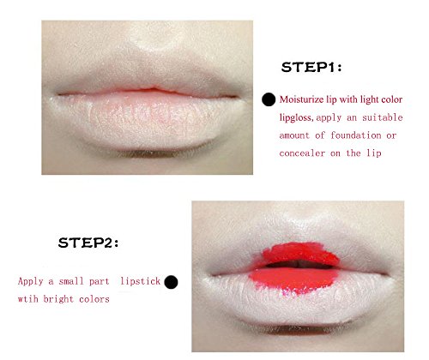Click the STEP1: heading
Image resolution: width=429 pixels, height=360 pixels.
pyautogui.click(x=311, y=68)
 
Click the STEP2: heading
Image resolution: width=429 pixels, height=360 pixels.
pyautogui.click(x=88, y=243)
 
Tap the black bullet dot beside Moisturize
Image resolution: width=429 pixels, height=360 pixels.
pyautogui.click(x=269, y=99)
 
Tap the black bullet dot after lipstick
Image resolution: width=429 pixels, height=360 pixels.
pyautogui.click(x=171, y=282)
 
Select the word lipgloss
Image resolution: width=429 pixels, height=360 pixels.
pyautogui.click(x=296, y=117)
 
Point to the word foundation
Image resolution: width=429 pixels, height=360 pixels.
pyautogui.click(x=356, y=135)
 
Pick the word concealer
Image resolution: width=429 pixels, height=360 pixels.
pyautogui.click(x=302, y=153)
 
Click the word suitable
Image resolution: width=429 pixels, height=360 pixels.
pyautogui.click(x=383, y=117)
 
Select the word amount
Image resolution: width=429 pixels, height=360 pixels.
pyautogui.click(x=294, y=135)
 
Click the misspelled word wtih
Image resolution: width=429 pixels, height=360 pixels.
pyautogui.click(x=27, y=299)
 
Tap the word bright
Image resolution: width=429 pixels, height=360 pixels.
pyautogui.click(x=58, y=300)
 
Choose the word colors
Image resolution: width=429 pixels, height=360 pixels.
pyautogui.click(x=94, y=299)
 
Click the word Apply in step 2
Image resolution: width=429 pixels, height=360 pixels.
pyautogui.click(x=30, y=281)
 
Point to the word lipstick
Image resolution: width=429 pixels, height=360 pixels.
pyautogui.click(x=141, y=281)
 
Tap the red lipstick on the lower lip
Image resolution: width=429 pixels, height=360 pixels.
pyautogui.click(x=293, y=280)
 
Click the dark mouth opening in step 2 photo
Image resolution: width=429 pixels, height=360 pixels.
pyautogui.click(x=300, y=264)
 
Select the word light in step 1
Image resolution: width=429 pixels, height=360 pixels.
pyautogui.click(x=372, y=100)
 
